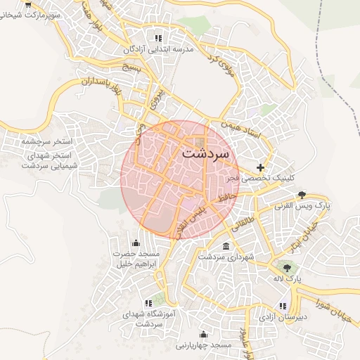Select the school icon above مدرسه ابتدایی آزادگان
click(158, 37)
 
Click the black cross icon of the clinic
click(261, 167)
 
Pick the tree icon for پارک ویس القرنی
click(302, 194)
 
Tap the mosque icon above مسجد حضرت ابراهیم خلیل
click(136, 243)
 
